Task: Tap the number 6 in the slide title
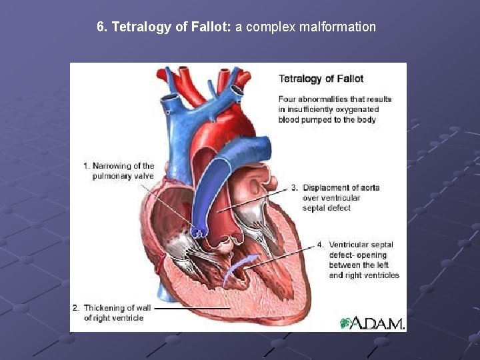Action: [x=100, y=27]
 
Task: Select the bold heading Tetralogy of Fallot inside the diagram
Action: [x=321, y=79]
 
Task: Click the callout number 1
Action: [x=86, y=166]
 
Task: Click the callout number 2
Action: [x=75, y=308]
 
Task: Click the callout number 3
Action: [x=294, y=187]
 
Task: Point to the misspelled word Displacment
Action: [x=327, y=187]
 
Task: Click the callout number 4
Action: [x=321, y=245]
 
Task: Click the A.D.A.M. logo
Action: [x=372, y=323]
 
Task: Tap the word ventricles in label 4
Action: [x=381, y=275]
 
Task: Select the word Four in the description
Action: [x=288, y=99]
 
